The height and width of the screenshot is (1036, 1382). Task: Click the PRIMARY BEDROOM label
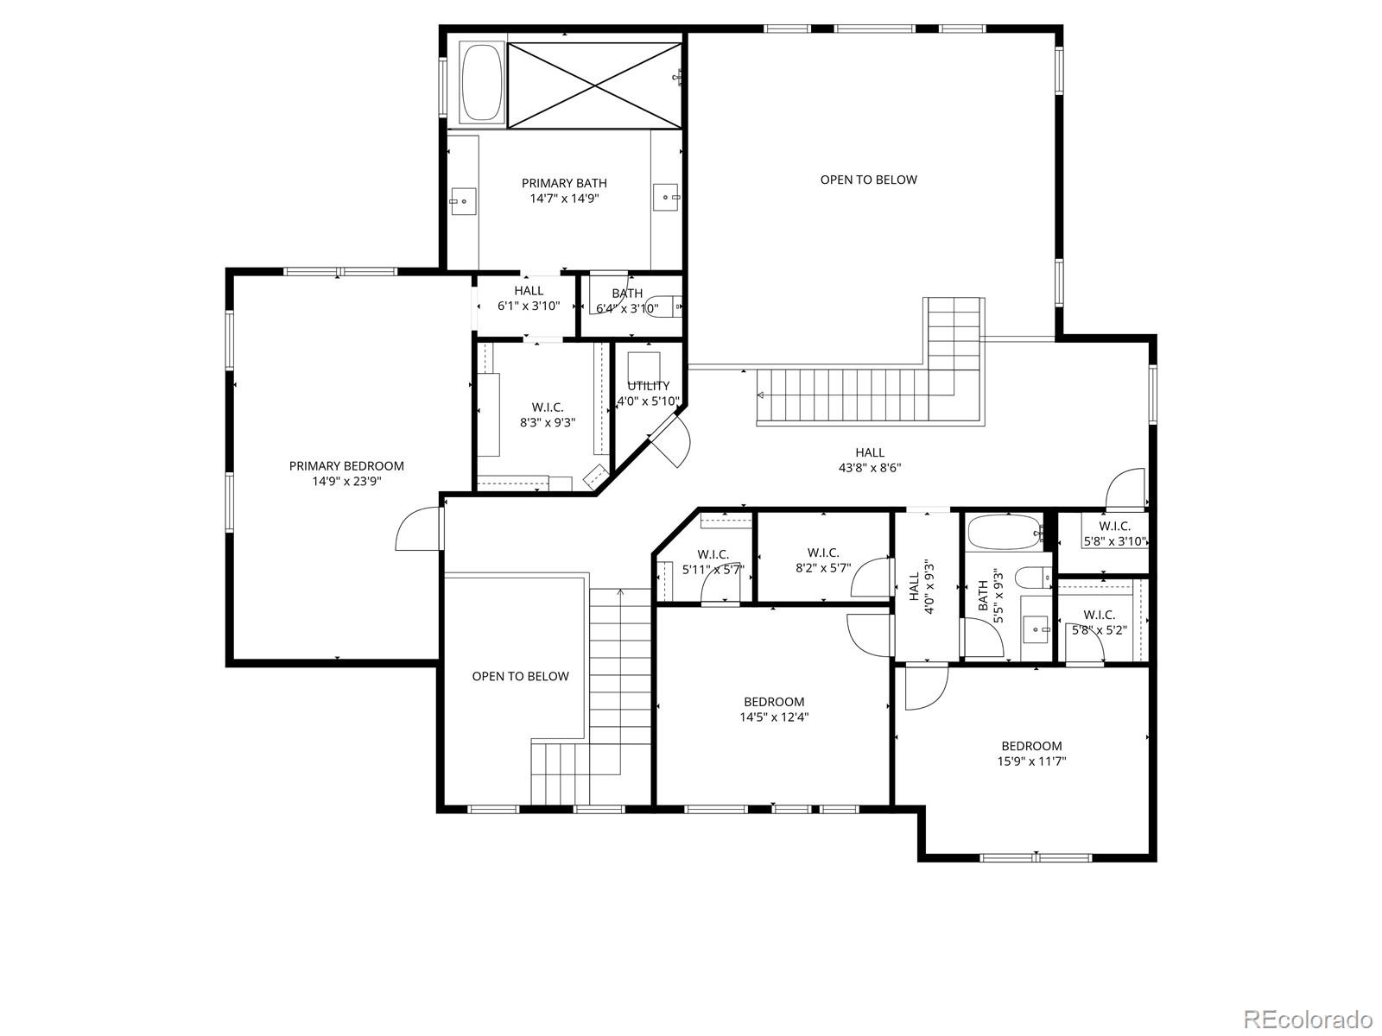(x=346, y=466)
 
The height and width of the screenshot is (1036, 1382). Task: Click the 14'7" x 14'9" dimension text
(x=564, y=198)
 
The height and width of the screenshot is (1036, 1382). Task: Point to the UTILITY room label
(x=648, y=386)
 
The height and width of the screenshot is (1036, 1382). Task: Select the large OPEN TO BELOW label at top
(x=868, y=180)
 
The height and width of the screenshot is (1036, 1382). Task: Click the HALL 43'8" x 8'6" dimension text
(x=870, y=468)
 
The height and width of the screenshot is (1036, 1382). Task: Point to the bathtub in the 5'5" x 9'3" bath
(x=1004, y=533)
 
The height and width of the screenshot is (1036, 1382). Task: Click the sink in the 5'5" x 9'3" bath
(x=1035, y=629)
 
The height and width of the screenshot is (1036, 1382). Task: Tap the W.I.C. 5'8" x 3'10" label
(x=1114, y=526)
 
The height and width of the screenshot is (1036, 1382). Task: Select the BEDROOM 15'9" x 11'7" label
(x=1031, y=746)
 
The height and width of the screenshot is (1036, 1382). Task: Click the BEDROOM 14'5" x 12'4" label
(x=774, y=702)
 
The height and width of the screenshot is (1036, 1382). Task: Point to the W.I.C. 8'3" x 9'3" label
(x=547, y=407)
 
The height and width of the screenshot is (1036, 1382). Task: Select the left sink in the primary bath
(x=463, y=202)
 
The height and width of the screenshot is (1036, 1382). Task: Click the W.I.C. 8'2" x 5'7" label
(x=823, y=553)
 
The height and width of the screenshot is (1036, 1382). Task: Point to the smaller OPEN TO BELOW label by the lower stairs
(x=520, y=676)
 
